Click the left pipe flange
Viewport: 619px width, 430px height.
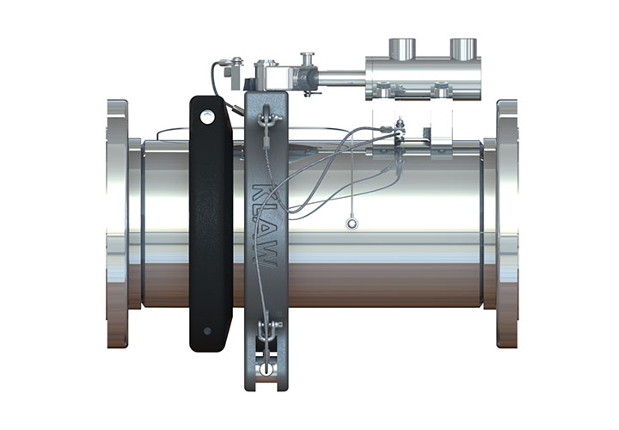pos(118,224)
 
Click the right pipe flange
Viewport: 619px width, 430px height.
pos(506,224)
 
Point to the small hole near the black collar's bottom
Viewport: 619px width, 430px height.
pos(205,331)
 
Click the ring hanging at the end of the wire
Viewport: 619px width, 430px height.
pos(352,224)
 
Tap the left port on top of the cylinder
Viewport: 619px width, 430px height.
pos(401,48)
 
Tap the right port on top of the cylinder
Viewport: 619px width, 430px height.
pos(462,48)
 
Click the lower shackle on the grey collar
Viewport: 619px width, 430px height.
pos(269,331)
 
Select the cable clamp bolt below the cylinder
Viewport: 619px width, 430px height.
pos(400,132)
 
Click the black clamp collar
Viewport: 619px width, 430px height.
pos(210,224)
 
